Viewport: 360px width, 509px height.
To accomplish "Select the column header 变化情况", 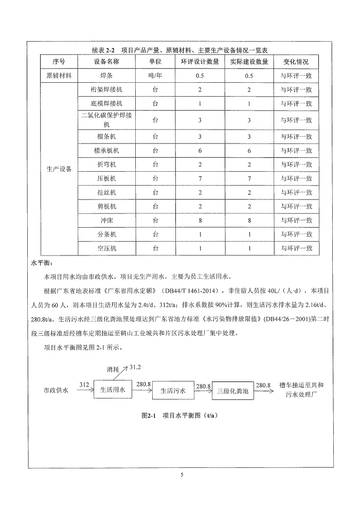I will [296, 62].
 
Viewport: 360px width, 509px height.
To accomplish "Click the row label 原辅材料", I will [59, 76].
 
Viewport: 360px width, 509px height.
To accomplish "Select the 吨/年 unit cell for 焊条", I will [155, 76].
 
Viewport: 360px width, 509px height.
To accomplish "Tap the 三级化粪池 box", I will [233, 391].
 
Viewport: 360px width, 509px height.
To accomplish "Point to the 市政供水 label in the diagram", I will [56, 390].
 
